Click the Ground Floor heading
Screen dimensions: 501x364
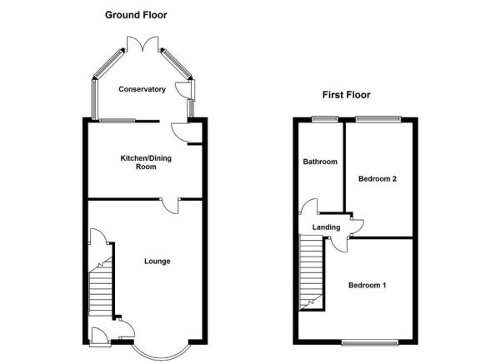[x=136, y=15]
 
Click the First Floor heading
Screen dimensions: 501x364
[x=346, y=95]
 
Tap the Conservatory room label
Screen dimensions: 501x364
[x=143, y=89]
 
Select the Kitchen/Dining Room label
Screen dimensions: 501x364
[x=146, y=162]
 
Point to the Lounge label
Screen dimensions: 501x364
[x=158, y=262]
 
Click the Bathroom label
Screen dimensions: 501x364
[x=320, y=162]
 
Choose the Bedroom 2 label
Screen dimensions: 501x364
[x=378, y=179]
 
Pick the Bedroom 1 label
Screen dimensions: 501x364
[x=367, y=285]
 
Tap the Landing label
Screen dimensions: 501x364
[x=326, y=227]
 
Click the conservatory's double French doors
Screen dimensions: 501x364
[x=143, y=44]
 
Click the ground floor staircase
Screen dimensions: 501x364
[x=100, y=287]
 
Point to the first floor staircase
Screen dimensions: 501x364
[x=311, y=272]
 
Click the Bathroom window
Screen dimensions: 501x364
[x=325, y=119]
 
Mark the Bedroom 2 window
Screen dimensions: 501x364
[x=378, y=119]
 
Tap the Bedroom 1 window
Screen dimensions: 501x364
[x=370, y=342]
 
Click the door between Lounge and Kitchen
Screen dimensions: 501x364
[x=170, y=206]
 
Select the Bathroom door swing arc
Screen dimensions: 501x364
[x=308, y=206]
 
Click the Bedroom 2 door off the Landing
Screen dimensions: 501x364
[x=358, y=228]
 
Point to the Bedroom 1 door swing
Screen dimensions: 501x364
[x=339, y=245]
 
